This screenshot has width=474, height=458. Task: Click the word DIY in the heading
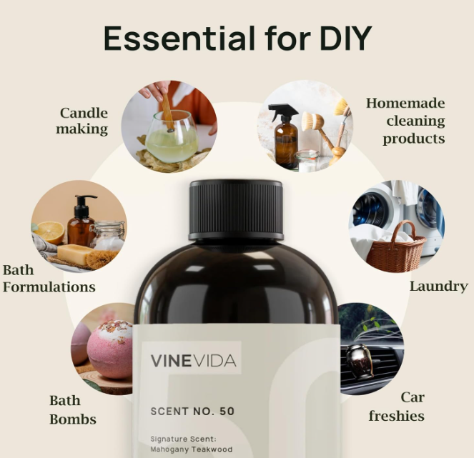coord(345,39)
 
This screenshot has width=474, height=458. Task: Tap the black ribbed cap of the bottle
coord(236,209)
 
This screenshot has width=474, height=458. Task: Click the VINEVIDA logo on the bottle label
coord(193,361)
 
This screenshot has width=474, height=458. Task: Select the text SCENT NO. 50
coord(192,411)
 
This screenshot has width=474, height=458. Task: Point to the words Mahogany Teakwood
coord(192,449)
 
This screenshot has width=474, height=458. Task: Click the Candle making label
coord(82,121)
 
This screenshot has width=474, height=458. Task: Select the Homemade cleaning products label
coord(405,121)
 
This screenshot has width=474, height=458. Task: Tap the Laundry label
coord(439,287)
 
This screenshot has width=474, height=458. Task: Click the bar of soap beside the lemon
coord(74,254)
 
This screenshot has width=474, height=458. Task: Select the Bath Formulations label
coord(49,279)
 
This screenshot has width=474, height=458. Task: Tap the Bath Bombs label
coord(72,410)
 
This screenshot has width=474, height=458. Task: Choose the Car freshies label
coord(397,407)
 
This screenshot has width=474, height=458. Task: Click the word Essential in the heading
coord(179,39)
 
